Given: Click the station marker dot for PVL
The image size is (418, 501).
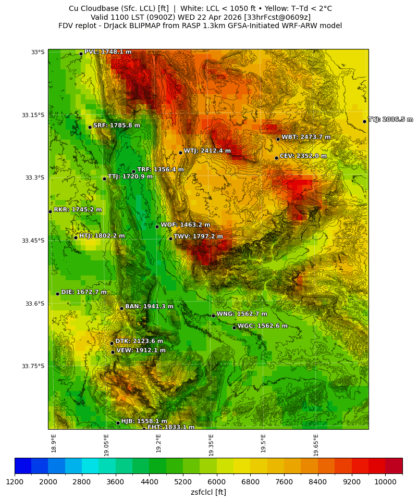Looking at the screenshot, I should point(81,54).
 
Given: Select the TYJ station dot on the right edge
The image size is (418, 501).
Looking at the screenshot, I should point(364,121).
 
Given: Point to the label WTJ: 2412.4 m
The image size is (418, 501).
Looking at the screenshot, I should point(207,151).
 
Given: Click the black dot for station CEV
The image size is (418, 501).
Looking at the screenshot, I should point(276,158).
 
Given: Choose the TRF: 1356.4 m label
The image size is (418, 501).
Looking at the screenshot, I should point(161,170).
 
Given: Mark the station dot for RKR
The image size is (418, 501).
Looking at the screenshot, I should point(50,211).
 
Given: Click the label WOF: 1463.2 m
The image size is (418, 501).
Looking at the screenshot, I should point(185,225).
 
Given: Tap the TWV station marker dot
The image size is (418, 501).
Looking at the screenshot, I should point(170,239).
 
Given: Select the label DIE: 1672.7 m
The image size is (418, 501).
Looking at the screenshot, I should point(84,292).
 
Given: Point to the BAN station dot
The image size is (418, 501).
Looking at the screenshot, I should point(121,308).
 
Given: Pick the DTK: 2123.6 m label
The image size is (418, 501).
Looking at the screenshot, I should point(139,342).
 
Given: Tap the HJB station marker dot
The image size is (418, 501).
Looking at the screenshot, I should point(118,423).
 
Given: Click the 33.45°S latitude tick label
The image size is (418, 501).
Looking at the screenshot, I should point(33,241).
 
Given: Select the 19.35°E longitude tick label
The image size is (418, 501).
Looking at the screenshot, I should point(211,443).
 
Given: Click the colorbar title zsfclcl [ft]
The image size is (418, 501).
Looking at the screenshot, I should point(208,492).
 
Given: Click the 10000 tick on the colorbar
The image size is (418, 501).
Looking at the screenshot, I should point(385,482).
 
